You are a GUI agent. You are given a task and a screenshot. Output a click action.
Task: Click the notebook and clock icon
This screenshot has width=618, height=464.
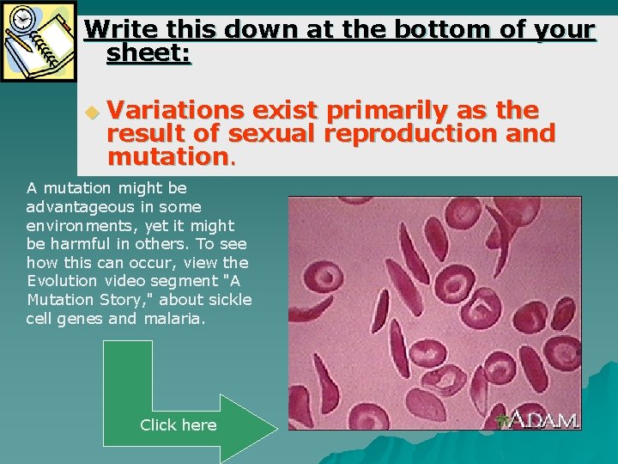(x=39, y=40)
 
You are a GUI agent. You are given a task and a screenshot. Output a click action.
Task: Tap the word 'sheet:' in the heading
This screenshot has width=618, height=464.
(x=148, y=55)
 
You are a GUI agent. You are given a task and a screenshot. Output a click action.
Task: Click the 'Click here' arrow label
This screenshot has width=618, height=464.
(x=178, y=425)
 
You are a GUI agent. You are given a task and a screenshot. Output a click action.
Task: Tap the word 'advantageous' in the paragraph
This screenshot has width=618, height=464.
(x=71, y=206)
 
